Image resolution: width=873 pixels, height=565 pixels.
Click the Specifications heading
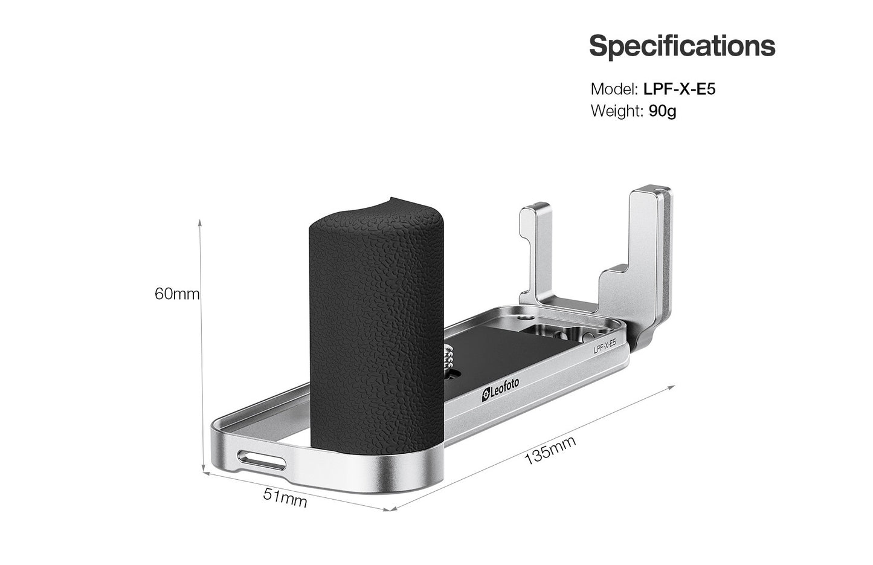point(682,47)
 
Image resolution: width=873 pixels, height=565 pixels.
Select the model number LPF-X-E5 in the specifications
point(679,89)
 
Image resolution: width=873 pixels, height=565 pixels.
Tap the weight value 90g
point(663,112)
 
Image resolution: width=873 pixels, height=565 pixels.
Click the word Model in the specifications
point(614,89)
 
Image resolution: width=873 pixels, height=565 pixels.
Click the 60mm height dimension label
point(177,294)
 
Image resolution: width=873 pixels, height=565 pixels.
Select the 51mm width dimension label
point(285,498)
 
